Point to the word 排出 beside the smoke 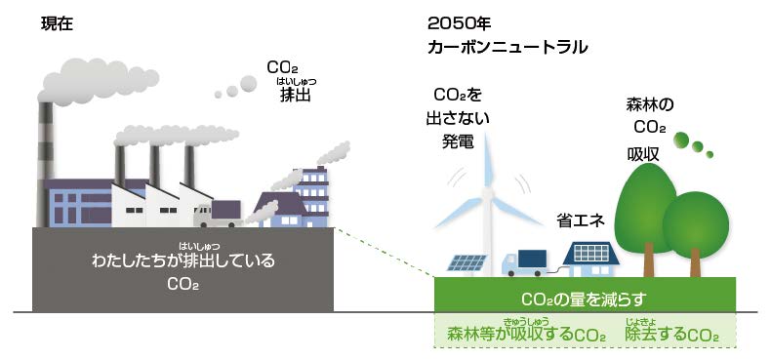tap(296, 95)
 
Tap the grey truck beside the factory tap(220, 212)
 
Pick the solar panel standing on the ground tap(467, 261)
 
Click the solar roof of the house tap(589, 253)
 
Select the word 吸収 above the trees tap(644, 153)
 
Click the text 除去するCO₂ tap(671, 335)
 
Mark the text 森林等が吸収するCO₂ tap(525, 335)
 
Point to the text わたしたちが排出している tap(183, 261)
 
